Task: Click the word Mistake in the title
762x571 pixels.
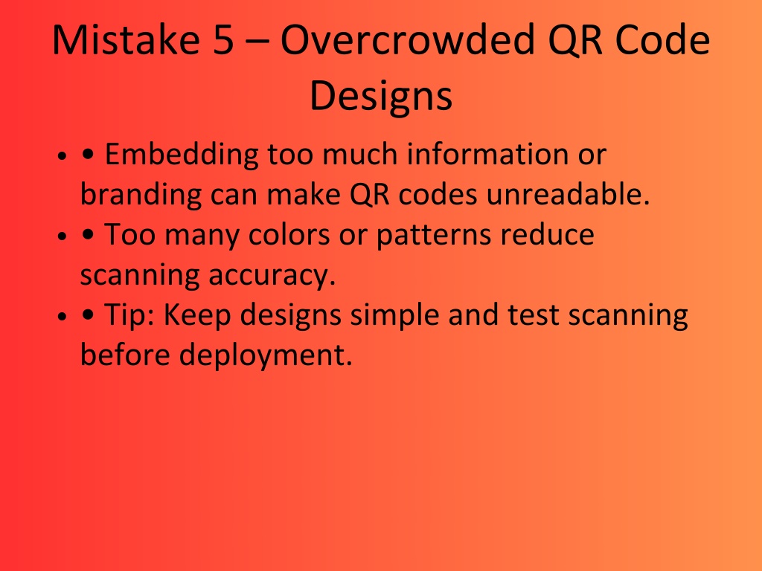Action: click(x=126, y=39)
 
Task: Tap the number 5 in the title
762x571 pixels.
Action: click(x=223, y=40)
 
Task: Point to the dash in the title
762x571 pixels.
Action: click(x=257, y=42)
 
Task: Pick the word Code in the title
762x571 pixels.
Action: click(x=662, y=39)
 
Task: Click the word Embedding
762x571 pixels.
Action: click(x=182, y=155)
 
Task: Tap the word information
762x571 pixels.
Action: click(x=487, y=155)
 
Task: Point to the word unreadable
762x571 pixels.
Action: click(x=568, y=195)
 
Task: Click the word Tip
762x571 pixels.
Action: click(x=129, y=314)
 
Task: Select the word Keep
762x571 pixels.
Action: click(x=196, y=315)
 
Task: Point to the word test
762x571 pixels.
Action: click(x=533, y=315)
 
